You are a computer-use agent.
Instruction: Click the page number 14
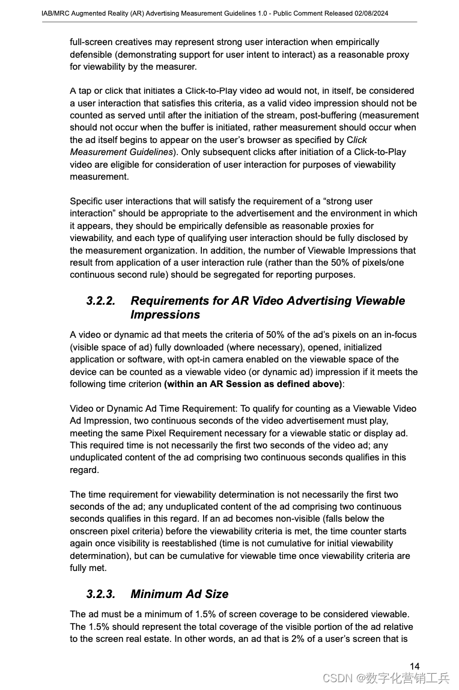(x=415, y=665)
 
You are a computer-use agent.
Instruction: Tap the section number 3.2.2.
(x=100, y=301)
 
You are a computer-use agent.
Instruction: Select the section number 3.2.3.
(x=100, y=594)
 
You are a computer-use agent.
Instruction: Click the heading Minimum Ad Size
(x=179, y=594)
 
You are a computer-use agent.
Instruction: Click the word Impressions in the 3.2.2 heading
(x=165, y=314)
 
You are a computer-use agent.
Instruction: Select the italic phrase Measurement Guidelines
(x=121, y=152)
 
